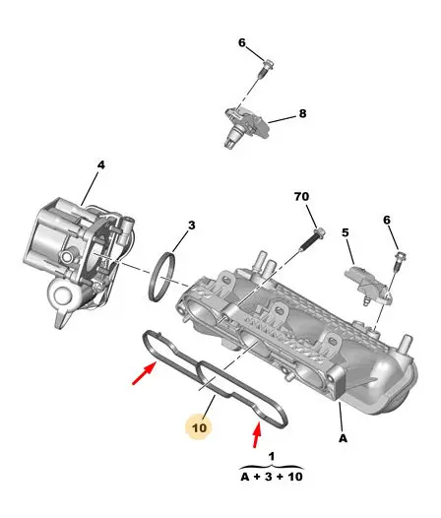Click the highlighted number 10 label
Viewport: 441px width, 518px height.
click(x=199, y=427)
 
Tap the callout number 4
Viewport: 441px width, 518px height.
click(x=101, y=164)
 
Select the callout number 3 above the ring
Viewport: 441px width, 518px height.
click(x=192, y=226)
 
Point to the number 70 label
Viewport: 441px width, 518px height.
click(x=301, y=197)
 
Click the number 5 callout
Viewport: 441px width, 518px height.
click(x=346, y=232)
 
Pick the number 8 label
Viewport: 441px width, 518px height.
click(x=302, y=113)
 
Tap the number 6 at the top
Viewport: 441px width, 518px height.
click(x=242, y=42)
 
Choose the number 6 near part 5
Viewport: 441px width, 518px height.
click(x=387, y=220)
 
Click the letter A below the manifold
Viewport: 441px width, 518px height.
click(x=344, y=438)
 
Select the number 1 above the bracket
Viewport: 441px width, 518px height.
click(x=272, y=457)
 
